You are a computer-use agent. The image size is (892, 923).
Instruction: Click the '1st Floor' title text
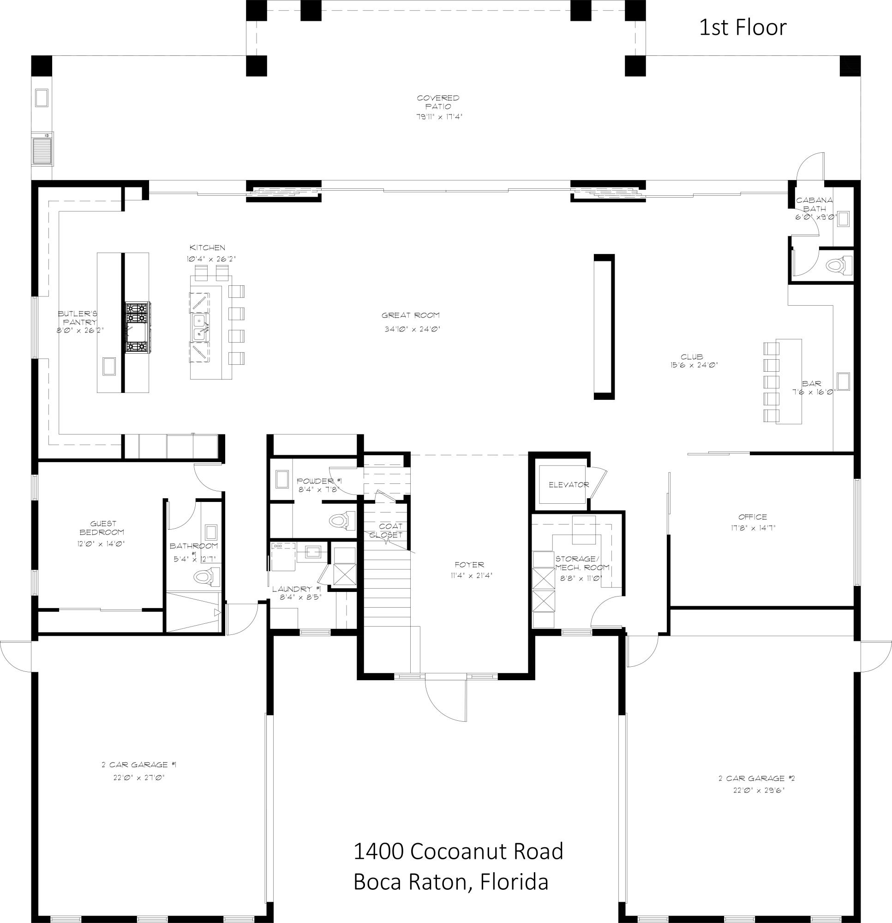click(x=742, y=28)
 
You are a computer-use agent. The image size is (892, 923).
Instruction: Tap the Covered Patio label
click(x=438, y=102)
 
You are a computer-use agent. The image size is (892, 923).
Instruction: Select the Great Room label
click(x=410, y=315)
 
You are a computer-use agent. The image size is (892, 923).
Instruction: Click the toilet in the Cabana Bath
click(x=838, y=265)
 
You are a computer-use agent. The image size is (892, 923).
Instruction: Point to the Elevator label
click(x=569, y=484)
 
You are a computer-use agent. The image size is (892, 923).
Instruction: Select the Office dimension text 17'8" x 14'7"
click(x=753, y=528)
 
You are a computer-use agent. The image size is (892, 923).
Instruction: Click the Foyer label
click(x=469, y=565)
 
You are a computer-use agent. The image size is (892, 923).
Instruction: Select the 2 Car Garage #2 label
click(x=756, y=779)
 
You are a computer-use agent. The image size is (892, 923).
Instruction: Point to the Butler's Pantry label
click(x=78, y=317)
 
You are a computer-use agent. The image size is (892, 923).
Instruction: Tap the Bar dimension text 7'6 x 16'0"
click(x=813, y=392)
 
